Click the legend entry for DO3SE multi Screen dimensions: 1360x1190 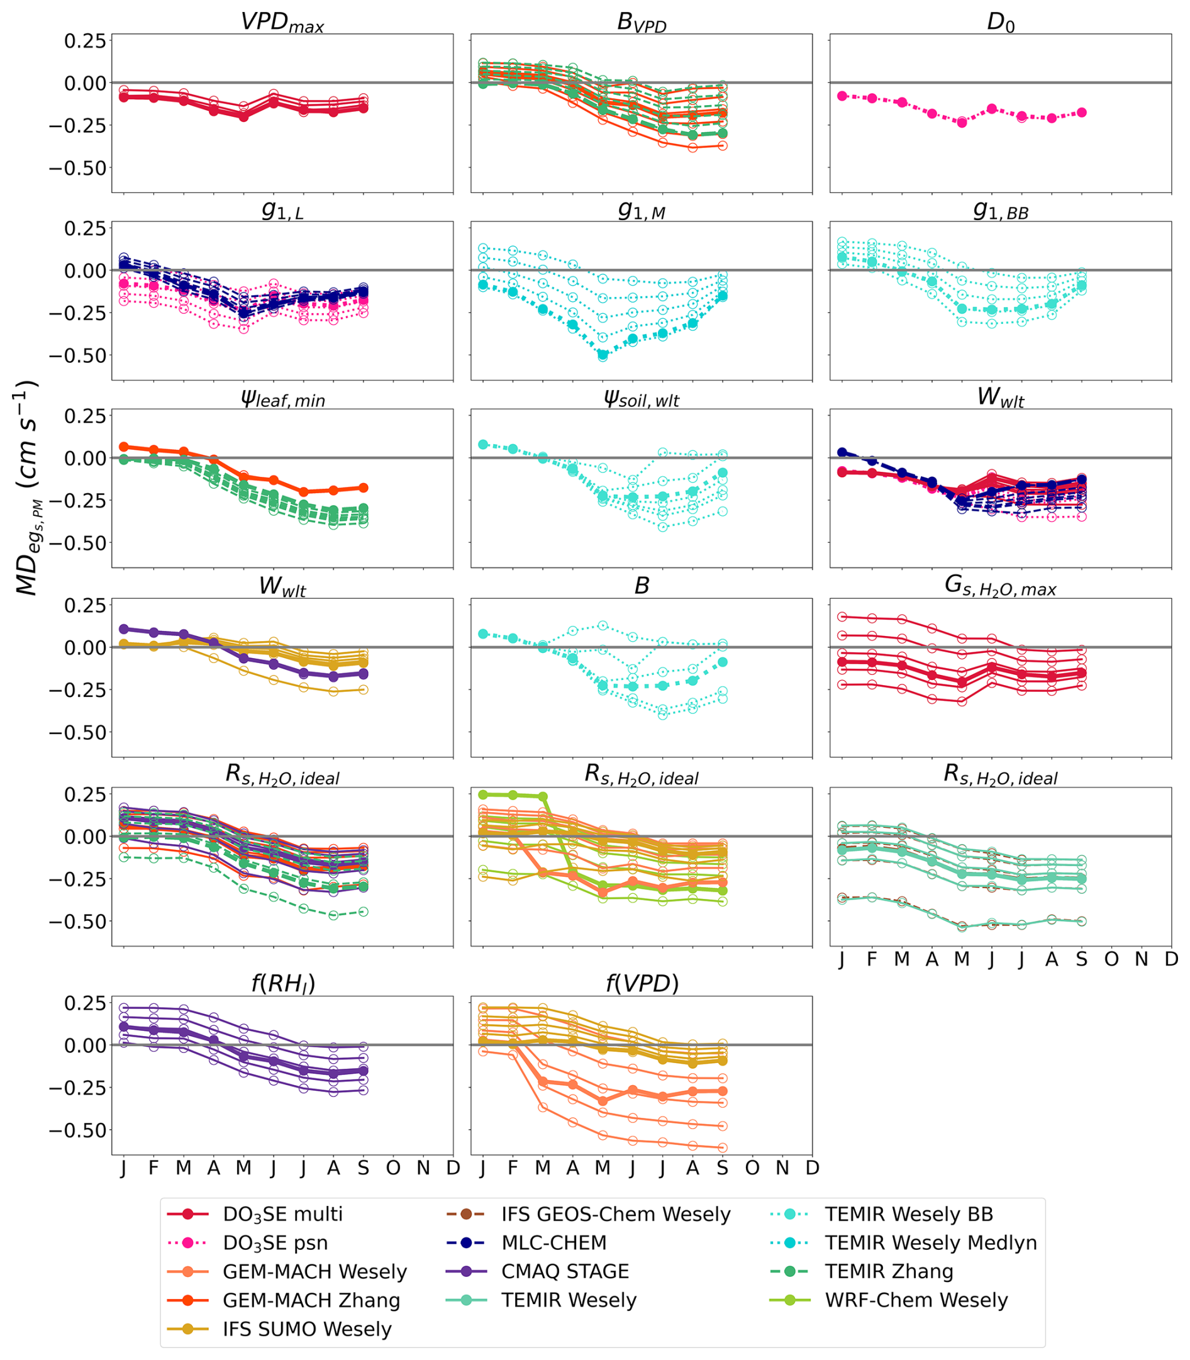[282, 1215]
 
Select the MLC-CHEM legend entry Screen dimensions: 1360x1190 [554, 1243]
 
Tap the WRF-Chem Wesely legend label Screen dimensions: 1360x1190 [916, 1300]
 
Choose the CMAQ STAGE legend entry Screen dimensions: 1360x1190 [564, 1272]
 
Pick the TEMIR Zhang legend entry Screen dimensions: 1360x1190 [889, 1272]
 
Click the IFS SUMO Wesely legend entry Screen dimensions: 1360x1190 [307, 1329]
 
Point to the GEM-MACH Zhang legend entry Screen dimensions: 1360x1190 [311, 1300]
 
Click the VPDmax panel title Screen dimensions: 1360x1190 [282, 22]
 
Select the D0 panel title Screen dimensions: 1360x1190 [1000, 22]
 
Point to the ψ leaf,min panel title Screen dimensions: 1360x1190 [282, 398]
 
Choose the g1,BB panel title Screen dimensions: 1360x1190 [1000, 211]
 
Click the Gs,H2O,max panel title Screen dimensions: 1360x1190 [1000, 588]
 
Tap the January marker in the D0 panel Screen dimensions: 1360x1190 [842, 96]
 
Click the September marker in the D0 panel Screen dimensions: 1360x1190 [1082, 113]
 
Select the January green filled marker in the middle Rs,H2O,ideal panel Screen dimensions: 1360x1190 [483, 795]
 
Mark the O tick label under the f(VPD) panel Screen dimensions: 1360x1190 [752, 1168]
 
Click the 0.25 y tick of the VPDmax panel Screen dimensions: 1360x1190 [85, 40]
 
